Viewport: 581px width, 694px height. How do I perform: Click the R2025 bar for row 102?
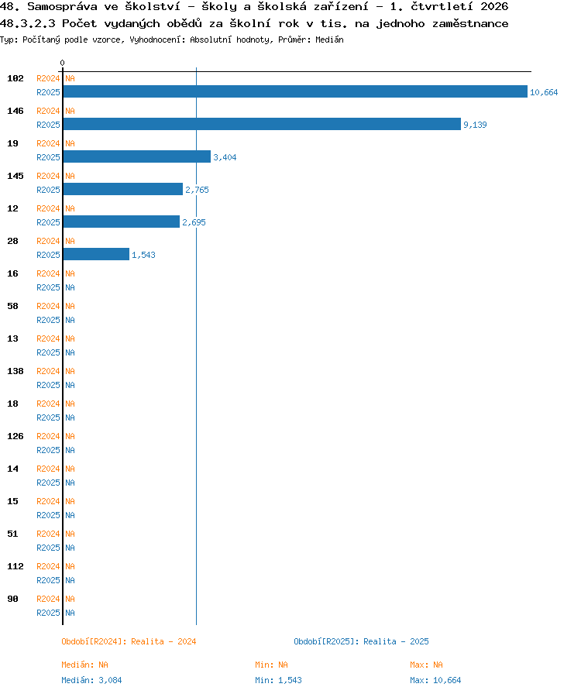coord(295,91)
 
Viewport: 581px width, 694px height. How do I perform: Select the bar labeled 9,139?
coord(262,124)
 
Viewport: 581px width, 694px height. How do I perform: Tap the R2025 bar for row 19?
coord(137,156)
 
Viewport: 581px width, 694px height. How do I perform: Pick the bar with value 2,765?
coord(123,189)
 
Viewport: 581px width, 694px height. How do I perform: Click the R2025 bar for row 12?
coord(122,222)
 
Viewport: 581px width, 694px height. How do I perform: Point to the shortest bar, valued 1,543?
coord(96,254)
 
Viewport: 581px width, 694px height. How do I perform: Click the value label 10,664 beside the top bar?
coord(544,92)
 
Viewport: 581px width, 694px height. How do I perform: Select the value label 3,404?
coord(225,157)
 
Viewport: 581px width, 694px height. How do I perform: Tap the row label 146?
coord(15,111)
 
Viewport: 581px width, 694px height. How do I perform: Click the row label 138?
coord(15,371)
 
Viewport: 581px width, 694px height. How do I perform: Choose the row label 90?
coord(12,599)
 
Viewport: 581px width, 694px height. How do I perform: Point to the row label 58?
coord(12,306)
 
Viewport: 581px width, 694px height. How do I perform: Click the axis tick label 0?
coord(63,63)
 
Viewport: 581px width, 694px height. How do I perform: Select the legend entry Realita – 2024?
coord(129,641)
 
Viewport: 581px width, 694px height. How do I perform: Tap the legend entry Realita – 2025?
coord(361,641)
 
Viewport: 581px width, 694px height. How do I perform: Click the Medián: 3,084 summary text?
coord(91,680)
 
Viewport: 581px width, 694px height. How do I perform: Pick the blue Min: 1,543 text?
coord(278,680)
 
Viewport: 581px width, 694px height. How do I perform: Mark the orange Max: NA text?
coord(426,665)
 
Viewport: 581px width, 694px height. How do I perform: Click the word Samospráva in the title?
coord(62,7)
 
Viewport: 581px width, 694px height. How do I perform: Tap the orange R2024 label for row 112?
coord(48,566)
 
